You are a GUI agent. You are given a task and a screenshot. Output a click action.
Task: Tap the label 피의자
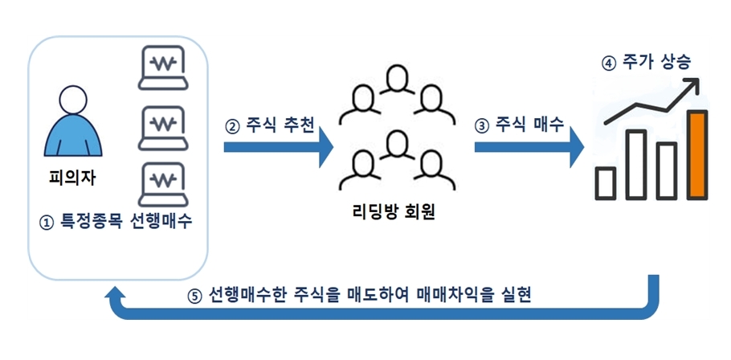72,178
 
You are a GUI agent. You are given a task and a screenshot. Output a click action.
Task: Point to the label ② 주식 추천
269,125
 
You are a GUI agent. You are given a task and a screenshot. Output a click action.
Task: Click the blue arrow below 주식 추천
277,148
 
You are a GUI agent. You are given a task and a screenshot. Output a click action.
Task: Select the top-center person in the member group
394,83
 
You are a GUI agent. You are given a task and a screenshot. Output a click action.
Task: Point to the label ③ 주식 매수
520,125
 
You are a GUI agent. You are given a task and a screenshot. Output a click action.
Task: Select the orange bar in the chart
697,154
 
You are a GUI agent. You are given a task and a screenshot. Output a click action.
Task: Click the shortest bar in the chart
605,182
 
